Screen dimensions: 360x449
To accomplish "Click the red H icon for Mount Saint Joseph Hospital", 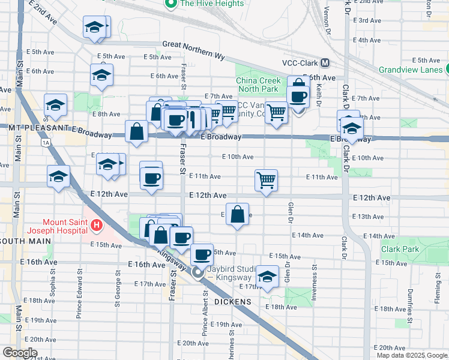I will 97,226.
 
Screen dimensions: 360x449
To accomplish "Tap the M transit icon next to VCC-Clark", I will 325,62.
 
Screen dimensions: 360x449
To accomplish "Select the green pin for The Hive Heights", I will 170,4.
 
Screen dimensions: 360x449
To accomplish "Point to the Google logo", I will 20,353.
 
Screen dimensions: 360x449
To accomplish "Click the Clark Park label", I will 400,249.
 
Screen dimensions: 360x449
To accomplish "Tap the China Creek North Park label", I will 257,85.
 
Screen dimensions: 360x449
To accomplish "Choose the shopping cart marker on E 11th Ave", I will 265,179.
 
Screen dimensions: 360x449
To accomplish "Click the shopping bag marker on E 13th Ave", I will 238,214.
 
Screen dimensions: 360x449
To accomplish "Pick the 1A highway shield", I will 46,143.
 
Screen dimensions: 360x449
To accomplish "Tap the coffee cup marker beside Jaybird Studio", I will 202,254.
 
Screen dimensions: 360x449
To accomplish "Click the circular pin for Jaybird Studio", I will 197,273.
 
